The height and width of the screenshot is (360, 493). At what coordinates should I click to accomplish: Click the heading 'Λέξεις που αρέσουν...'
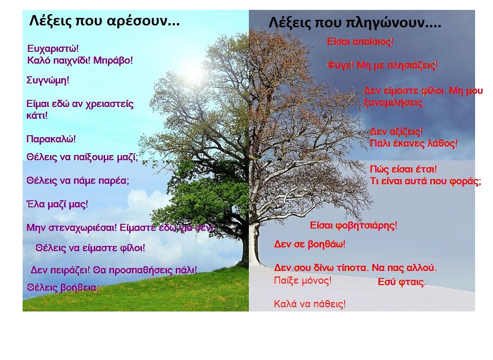(104, 21)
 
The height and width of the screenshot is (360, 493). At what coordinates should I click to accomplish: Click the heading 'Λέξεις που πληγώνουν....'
(355, 23)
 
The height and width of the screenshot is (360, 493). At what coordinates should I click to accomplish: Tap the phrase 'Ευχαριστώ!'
(53, 49)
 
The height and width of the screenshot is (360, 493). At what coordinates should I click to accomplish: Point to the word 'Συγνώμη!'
(48, 81)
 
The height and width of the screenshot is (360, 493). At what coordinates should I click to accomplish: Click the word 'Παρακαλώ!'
(51, 139)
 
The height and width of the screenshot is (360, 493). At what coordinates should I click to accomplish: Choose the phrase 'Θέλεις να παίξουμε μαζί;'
(82, 157)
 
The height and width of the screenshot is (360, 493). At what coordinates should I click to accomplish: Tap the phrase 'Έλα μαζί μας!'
(57, 205)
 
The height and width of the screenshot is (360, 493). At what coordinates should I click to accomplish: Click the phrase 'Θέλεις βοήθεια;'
(63, 288)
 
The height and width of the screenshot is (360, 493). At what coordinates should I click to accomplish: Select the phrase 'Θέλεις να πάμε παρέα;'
(78, 181)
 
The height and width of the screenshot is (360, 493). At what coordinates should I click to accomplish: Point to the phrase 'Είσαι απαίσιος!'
(360, 41)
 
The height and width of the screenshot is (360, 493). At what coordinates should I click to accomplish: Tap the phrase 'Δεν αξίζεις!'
(396, 131)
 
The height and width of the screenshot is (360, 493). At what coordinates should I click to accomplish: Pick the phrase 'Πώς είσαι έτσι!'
(403, 169)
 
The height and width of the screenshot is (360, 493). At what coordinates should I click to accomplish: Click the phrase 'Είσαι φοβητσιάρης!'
(353, 225)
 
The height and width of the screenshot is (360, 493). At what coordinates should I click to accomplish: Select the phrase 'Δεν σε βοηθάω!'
(310, 244)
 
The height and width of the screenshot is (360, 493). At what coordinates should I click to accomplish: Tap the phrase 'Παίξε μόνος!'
(303, 280)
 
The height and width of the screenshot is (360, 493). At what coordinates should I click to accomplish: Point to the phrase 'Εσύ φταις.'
(402, 282)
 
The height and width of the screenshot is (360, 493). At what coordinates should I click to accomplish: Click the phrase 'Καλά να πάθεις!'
(310, 304)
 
